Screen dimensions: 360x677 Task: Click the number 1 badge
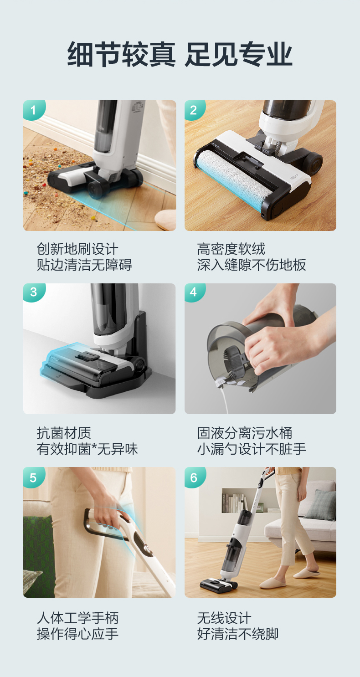34,110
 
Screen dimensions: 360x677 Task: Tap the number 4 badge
194,292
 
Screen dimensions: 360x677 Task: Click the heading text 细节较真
121,54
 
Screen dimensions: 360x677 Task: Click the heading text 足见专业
238,54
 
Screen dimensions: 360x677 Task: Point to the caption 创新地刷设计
77,249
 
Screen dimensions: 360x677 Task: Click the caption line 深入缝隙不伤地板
252,265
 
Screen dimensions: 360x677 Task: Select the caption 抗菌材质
64,433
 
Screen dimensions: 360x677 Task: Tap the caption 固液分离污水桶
245,433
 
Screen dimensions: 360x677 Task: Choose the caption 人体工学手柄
77,618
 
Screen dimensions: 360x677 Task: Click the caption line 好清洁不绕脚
238,634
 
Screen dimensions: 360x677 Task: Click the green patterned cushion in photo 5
38,550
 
